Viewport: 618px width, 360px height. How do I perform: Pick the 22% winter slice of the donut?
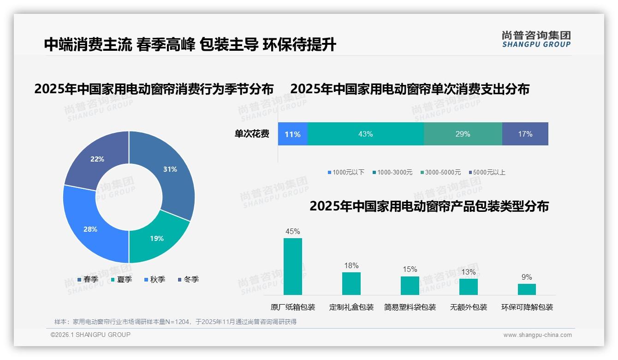pyautogui.click(x=97, y=159)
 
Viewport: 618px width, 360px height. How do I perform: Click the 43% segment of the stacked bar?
pyautogui.click(x=365, y=134)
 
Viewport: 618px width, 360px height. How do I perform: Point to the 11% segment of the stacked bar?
pyautogui.click(x=292, y=134)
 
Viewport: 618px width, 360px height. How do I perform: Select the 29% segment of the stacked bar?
pyautogui.click(x=463, y=134)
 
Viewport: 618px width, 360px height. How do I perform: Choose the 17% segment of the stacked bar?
pyautogui.click(x=525, y=134)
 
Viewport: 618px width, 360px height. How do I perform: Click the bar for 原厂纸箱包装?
pyautogui.click(x=293, y=266)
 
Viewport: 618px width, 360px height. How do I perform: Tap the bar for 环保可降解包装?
pyautogui.click(x=527, y=289)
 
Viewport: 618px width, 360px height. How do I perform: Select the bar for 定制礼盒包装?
pyautogui.click(x=351, y=283)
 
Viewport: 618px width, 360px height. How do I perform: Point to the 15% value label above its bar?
pyautogui.click(x=410, y=270)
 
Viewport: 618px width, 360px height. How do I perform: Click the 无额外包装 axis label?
pyautogui.click(x=469, y=307)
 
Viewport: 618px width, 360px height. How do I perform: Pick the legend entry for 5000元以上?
pyautogui.click(x=487, y=173)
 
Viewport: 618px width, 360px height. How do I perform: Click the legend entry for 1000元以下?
pyautogui.click(x=346, y=173)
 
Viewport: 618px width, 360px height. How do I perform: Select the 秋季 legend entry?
pyautogui.click(x=154, y=280)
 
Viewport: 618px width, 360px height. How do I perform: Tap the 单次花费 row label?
pyautogui.click(x=252, y=134)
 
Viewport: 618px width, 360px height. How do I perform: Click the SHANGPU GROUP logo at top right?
pyautogui.click(x=536, y=39)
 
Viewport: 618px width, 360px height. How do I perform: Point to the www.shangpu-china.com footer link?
pyautogui.click(x=537, y=335)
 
